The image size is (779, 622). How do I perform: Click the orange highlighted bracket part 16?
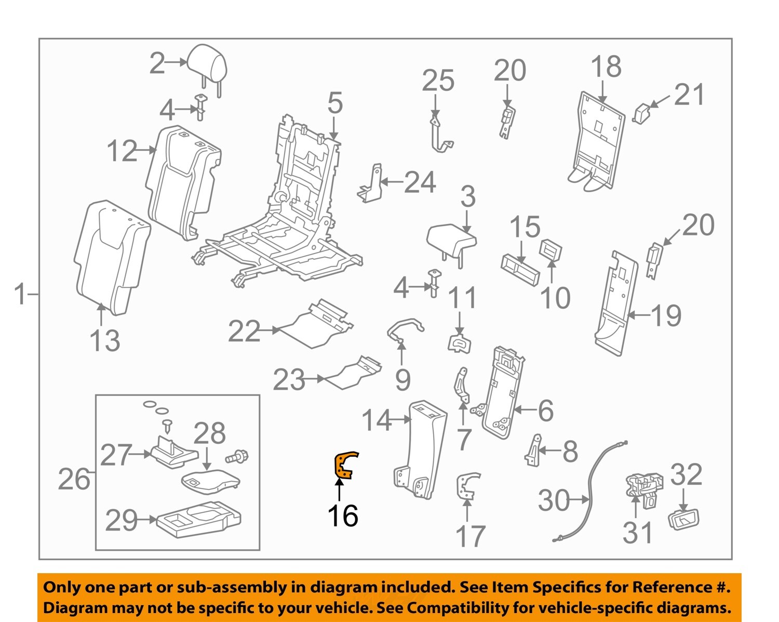click(344, 465)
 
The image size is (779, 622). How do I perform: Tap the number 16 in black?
click(343, 515)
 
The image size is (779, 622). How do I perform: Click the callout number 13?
click(105, 340)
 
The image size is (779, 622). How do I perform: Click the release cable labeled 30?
click(589, 494)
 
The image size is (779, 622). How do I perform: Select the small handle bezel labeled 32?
click(683, 519)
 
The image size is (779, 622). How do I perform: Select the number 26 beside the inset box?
click(74, 479)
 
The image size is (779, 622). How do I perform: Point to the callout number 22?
click(244, 331)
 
